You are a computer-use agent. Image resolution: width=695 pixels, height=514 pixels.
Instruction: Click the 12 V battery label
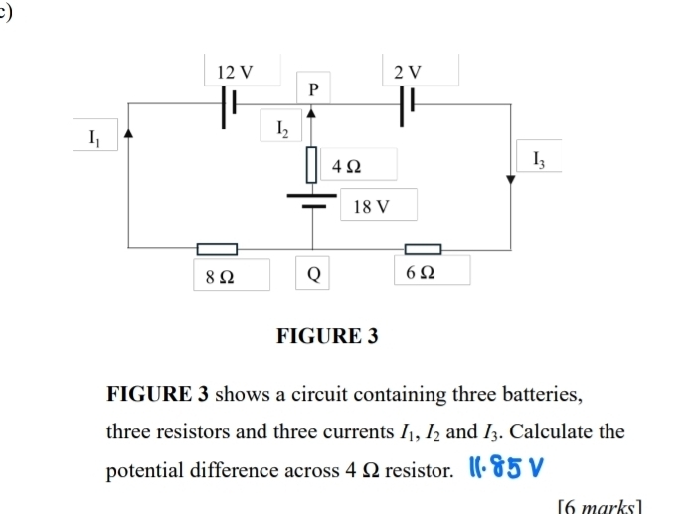236,72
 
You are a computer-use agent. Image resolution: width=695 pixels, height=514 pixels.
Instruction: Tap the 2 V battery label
408,72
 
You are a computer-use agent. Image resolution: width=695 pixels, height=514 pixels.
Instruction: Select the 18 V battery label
372,207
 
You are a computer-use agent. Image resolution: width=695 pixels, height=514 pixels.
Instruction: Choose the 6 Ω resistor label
421,272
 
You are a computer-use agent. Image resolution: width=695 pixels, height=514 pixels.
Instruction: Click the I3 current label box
538,157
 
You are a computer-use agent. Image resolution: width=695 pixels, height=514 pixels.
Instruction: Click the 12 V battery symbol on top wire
230,102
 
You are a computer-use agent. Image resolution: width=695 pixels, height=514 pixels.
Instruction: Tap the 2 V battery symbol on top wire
408,102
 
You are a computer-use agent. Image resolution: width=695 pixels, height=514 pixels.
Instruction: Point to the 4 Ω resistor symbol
313,164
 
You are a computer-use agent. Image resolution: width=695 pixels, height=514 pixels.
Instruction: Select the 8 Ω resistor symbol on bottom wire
217,248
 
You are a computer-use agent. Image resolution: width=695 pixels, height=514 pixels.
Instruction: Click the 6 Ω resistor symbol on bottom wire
423,248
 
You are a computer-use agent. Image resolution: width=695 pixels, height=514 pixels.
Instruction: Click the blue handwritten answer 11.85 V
508,466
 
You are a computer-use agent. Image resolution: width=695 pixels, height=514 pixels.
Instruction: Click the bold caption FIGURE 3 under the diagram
327,335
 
